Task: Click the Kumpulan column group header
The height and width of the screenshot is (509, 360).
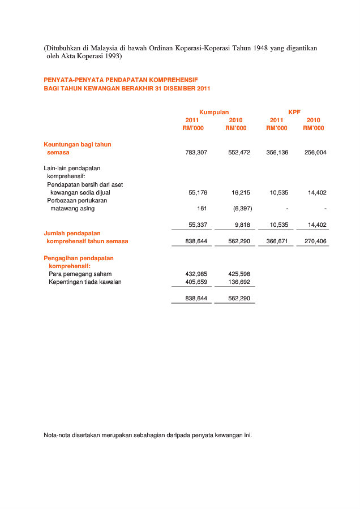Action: pyautogui.click(x=214, y=113)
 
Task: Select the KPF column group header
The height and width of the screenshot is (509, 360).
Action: pyautogui.click(x=294, y=113)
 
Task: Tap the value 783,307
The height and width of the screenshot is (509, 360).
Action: pyautogui.click(x=196, y=153)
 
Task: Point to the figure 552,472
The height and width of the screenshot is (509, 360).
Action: pyautogui.click(x=239, y=153)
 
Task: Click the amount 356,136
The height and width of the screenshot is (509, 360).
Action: pyautogui.click(x=277, y=153)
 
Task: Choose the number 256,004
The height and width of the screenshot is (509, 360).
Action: pyautogui.click(x=315, y=153)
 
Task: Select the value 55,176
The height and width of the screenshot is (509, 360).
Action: pyautogui.click(x=198, y=193)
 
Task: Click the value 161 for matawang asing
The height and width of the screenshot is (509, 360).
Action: pyautogui.click(x=202, y=209)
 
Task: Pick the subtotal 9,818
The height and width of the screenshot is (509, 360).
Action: pyautogui.click(x=242, y=225)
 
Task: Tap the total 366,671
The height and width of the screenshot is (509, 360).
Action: pyautogui.click(x=277, y=241)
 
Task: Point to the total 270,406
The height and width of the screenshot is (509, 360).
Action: pyautogui.click(x=315, y=241)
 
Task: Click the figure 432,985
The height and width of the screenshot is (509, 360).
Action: pyautogui.click(x=196, y=274)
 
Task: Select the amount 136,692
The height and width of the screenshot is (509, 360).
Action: pyautogui.click(x=239, y=282)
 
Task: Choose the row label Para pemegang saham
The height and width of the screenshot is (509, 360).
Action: pyautogui.click(x=80, y=274)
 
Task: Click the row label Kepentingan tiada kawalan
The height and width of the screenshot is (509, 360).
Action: pyautogui.click(x=85, y=282)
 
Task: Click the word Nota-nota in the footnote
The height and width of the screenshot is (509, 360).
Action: pyautogui.click(x=57, y=435)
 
